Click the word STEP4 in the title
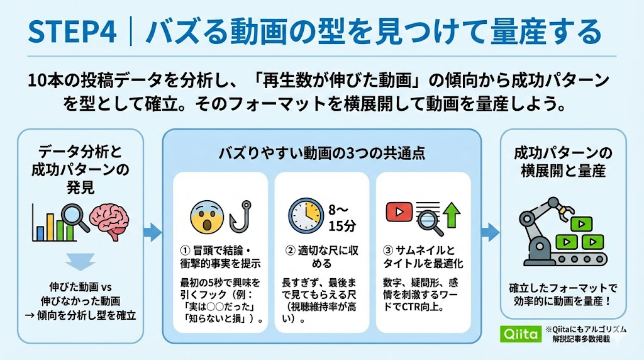coord(72,32)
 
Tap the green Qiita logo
coord(521,334)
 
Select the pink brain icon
coord(110,221)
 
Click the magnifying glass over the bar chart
coord(75,218)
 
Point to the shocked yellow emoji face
coord(208,217)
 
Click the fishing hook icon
coord(240,217)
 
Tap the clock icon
coord(306,216)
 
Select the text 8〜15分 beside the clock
coord(341,218)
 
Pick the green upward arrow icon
coord(452,215)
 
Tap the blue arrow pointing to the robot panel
coord(491,232)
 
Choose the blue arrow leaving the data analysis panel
coord(152,232)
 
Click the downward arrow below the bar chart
coord(80,262)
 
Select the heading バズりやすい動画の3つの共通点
coord(321,153)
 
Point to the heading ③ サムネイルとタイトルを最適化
coord(423,257)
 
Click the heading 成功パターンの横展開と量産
coord(563,162)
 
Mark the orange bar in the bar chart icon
coord(50,227)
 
